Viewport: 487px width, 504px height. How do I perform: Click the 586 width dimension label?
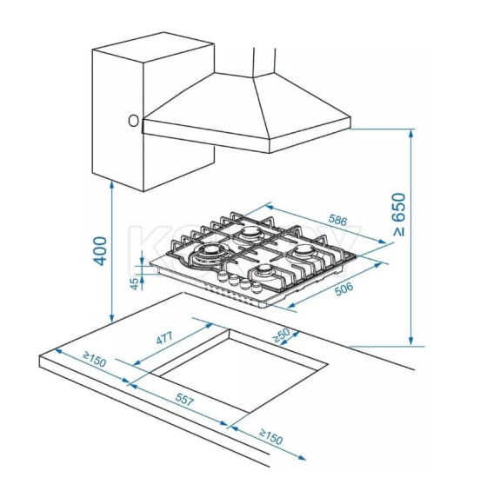point(337,220)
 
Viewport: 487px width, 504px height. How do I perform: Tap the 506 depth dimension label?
point(344,288)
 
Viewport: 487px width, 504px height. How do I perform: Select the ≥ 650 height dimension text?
point(399,215)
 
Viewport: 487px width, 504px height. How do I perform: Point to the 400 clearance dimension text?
point(100,251)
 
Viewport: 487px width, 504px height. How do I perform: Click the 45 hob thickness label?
point(136,283)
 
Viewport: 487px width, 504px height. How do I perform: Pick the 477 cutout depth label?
point(164,338)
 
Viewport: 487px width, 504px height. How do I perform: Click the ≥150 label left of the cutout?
point(94,360)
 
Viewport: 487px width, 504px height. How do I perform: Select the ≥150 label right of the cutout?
point(270,437)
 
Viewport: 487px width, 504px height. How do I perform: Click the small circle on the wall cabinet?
point(133,121)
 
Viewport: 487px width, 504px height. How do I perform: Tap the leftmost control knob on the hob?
point(222,276)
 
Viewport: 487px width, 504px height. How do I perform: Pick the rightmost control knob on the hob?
point(257,287)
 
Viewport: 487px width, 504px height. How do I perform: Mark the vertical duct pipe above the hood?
point(264,62)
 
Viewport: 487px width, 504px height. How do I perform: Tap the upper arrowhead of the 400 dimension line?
point(111,184)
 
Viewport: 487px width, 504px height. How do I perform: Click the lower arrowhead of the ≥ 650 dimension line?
point(410,342)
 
